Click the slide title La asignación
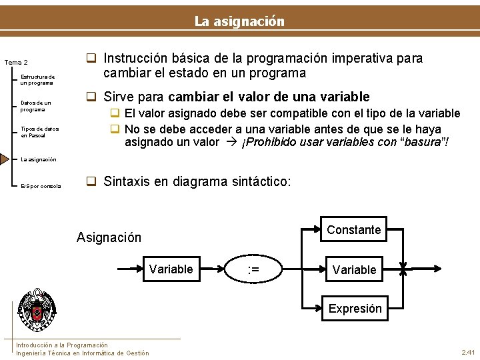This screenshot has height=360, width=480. click(x=239, y=21)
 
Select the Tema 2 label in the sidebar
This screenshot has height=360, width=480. click(x=16, y=63)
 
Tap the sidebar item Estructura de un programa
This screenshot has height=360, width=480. click(x=37, y=79)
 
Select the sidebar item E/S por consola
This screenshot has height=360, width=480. click(x=41, y=186)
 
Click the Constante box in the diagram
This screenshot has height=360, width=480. click(x=353, y=230)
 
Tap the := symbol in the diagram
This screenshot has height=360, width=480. click(x=253, y=269)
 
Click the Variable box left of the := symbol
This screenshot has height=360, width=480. click(x=171, y=269)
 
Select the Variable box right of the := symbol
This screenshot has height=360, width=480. click(x=354, y=270)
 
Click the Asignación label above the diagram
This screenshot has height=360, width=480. click(x=109, y=237)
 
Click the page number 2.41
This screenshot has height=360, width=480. click(x=467, y=352)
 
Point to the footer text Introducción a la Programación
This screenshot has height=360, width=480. click(x=62, y=345)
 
